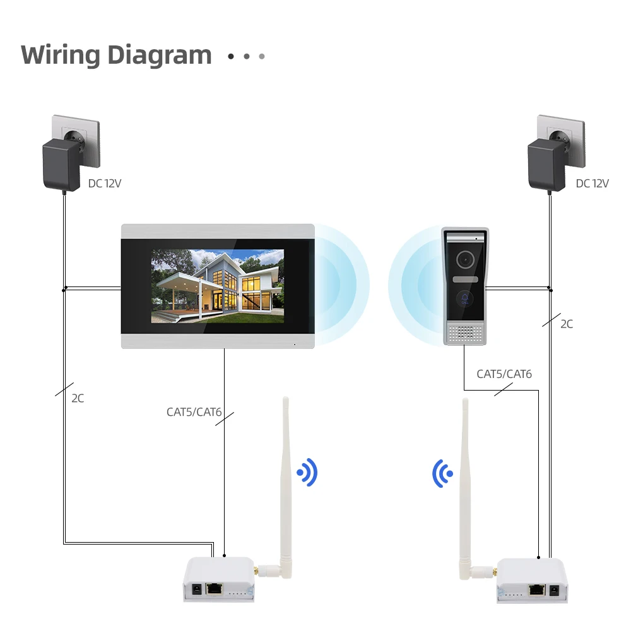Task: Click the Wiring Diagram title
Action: click(x=116, y=55)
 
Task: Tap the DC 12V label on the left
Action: click(x=105, y=184)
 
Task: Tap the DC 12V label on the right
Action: click(x=592, y=184)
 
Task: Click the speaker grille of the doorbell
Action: click(x=467, y=332)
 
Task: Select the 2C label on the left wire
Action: click(x=78, y=398)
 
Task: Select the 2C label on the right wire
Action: click(x=567, y=324)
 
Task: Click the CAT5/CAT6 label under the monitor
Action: click(x=194, y=412)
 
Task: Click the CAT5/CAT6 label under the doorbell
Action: click(x=504, y=374)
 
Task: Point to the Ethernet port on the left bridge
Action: click(x=215, y=588)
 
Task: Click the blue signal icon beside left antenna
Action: click(x=307, y=472)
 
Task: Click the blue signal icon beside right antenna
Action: click(x=442, y=473)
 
